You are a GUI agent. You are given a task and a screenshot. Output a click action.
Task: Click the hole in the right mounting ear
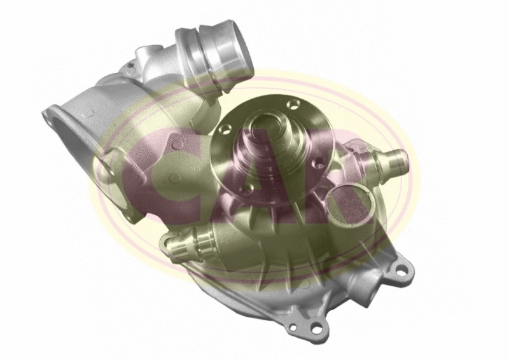401,272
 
